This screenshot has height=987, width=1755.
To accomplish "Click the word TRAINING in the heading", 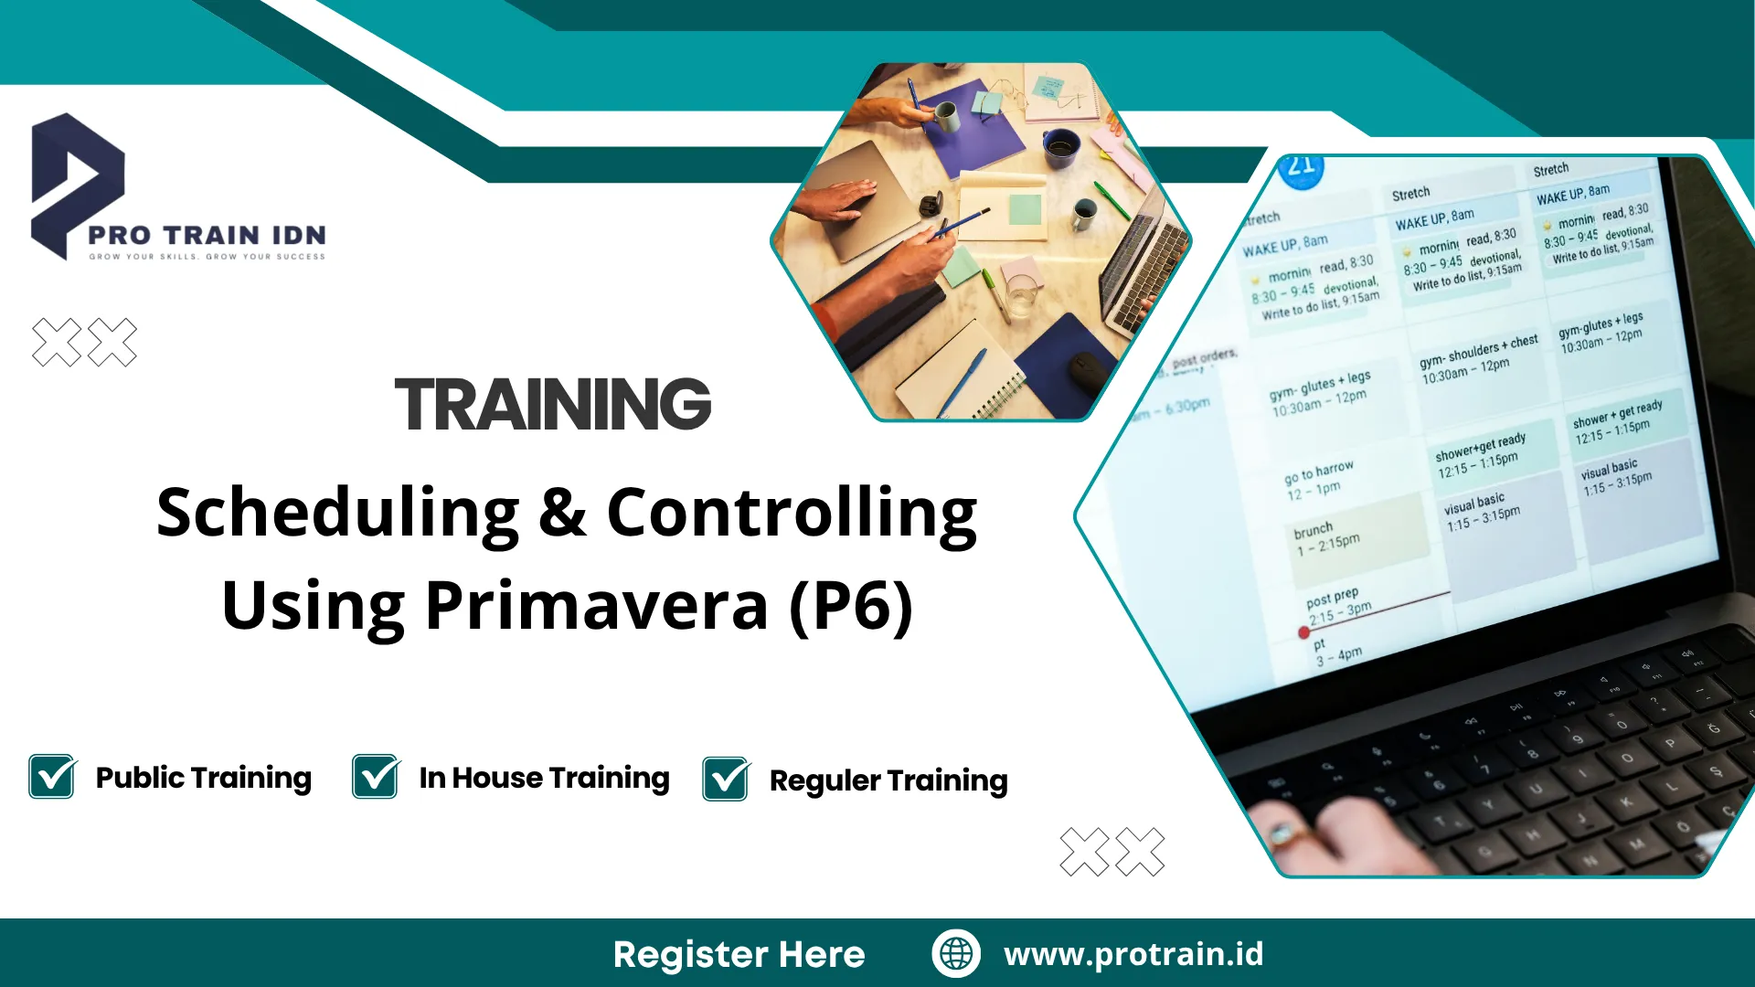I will pyautogui.click(x=552, y=405).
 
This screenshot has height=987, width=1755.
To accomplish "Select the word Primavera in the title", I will pyautogui.click(x=596, y=605).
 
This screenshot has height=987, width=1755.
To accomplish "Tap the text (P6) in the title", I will pyautogui.click(x=851, y=605).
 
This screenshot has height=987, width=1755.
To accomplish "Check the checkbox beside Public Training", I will pyautogui.click(x=52, y=777).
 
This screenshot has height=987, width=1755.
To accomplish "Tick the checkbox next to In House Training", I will pyautogui.click(x=376, y=777).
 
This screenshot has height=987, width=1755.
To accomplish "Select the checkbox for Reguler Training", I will pyautogui.click(x=726, y=780).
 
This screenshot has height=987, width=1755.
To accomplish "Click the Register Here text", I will pyautogui.click(x=739, y=954).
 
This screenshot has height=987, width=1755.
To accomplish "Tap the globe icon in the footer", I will pyautogui.click(x=956, y=953).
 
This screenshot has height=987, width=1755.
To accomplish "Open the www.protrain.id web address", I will pyautogui.click(x=1133, y=954).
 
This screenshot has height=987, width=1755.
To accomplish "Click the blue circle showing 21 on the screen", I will pyautogui.click(x=1301, y=167).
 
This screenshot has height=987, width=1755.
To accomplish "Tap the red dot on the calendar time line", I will pyautogui.click(x=1304, y=632).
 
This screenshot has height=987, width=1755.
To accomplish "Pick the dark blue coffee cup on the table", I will pyautogui.click(x=1060, y=146).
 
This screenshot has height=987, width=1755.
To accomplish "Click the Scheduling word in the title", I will pyautogui.click(x=338, y=514).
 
